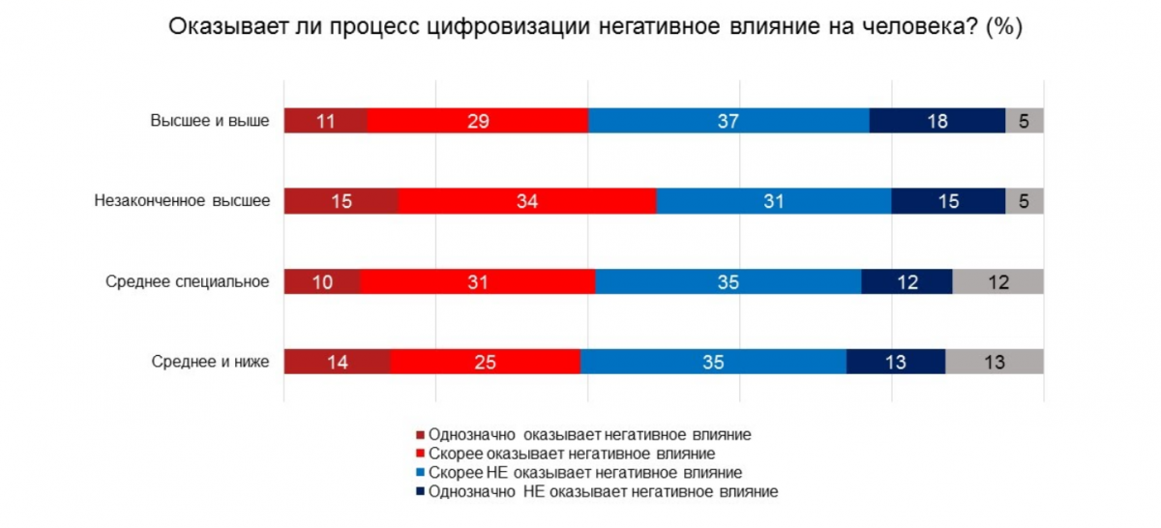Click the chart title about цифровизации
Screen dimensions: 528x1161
(596, 27)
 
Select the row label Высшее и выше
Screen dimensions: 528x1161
(210, 121)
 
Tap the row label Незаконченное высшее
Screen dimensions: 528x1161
(182, 201)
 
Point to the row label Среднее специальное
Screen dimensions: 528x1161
(188, 281)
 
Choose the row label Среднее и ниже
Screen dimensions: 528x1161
(210, 362)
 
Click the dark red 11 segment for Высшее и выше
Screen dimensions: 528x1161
(325, 121)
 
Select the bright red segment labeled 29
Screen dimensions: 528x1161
(478, 121)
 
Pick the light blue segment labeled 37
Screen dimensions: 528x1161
(729, 121)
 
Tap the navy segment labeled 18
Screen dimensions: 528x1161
(938, 121)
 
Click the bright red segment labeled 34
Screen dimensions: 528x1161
(527, 201)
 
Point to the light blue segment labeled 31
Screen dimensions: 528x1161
(774, 201)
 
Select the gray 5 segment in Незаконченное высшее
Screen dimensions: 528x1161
(1025, 201)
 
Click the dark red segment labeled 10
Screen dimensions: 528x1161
(321, 281)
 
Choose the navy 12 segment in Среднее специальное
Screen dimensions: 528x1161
(907, 281)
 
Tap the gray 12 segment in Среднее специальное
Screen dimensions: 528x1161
(998, 281)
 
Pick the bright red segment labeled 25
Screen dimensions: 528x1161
(485, 362)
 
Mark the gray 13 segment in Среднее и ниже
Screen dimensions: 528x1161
(995, 362)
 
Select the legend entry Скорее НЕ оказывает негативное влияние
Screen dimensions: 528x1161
(584, 473)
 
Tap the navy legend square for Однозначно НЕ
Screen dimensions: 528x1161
(420, 493)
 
